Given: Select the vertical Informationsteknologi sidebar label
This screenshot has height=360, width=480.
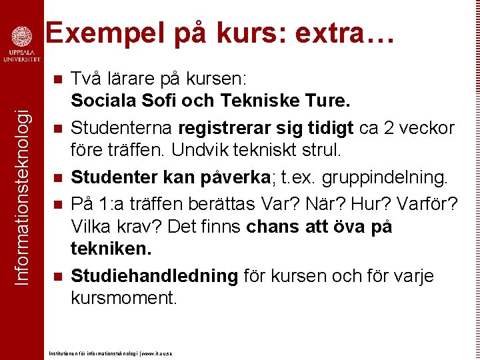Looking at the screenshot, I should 22,187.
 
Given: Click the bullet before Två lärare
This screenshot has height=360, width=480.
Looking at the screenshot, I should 58,79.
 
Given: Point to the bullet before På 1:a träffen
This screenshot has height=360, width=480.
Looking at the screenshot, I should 58,203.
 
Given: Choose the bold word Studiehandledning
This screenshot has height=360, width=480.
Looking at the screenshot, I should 154,276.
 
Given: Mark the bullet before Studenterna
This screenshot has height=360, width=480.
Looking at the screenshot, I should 58,128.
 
